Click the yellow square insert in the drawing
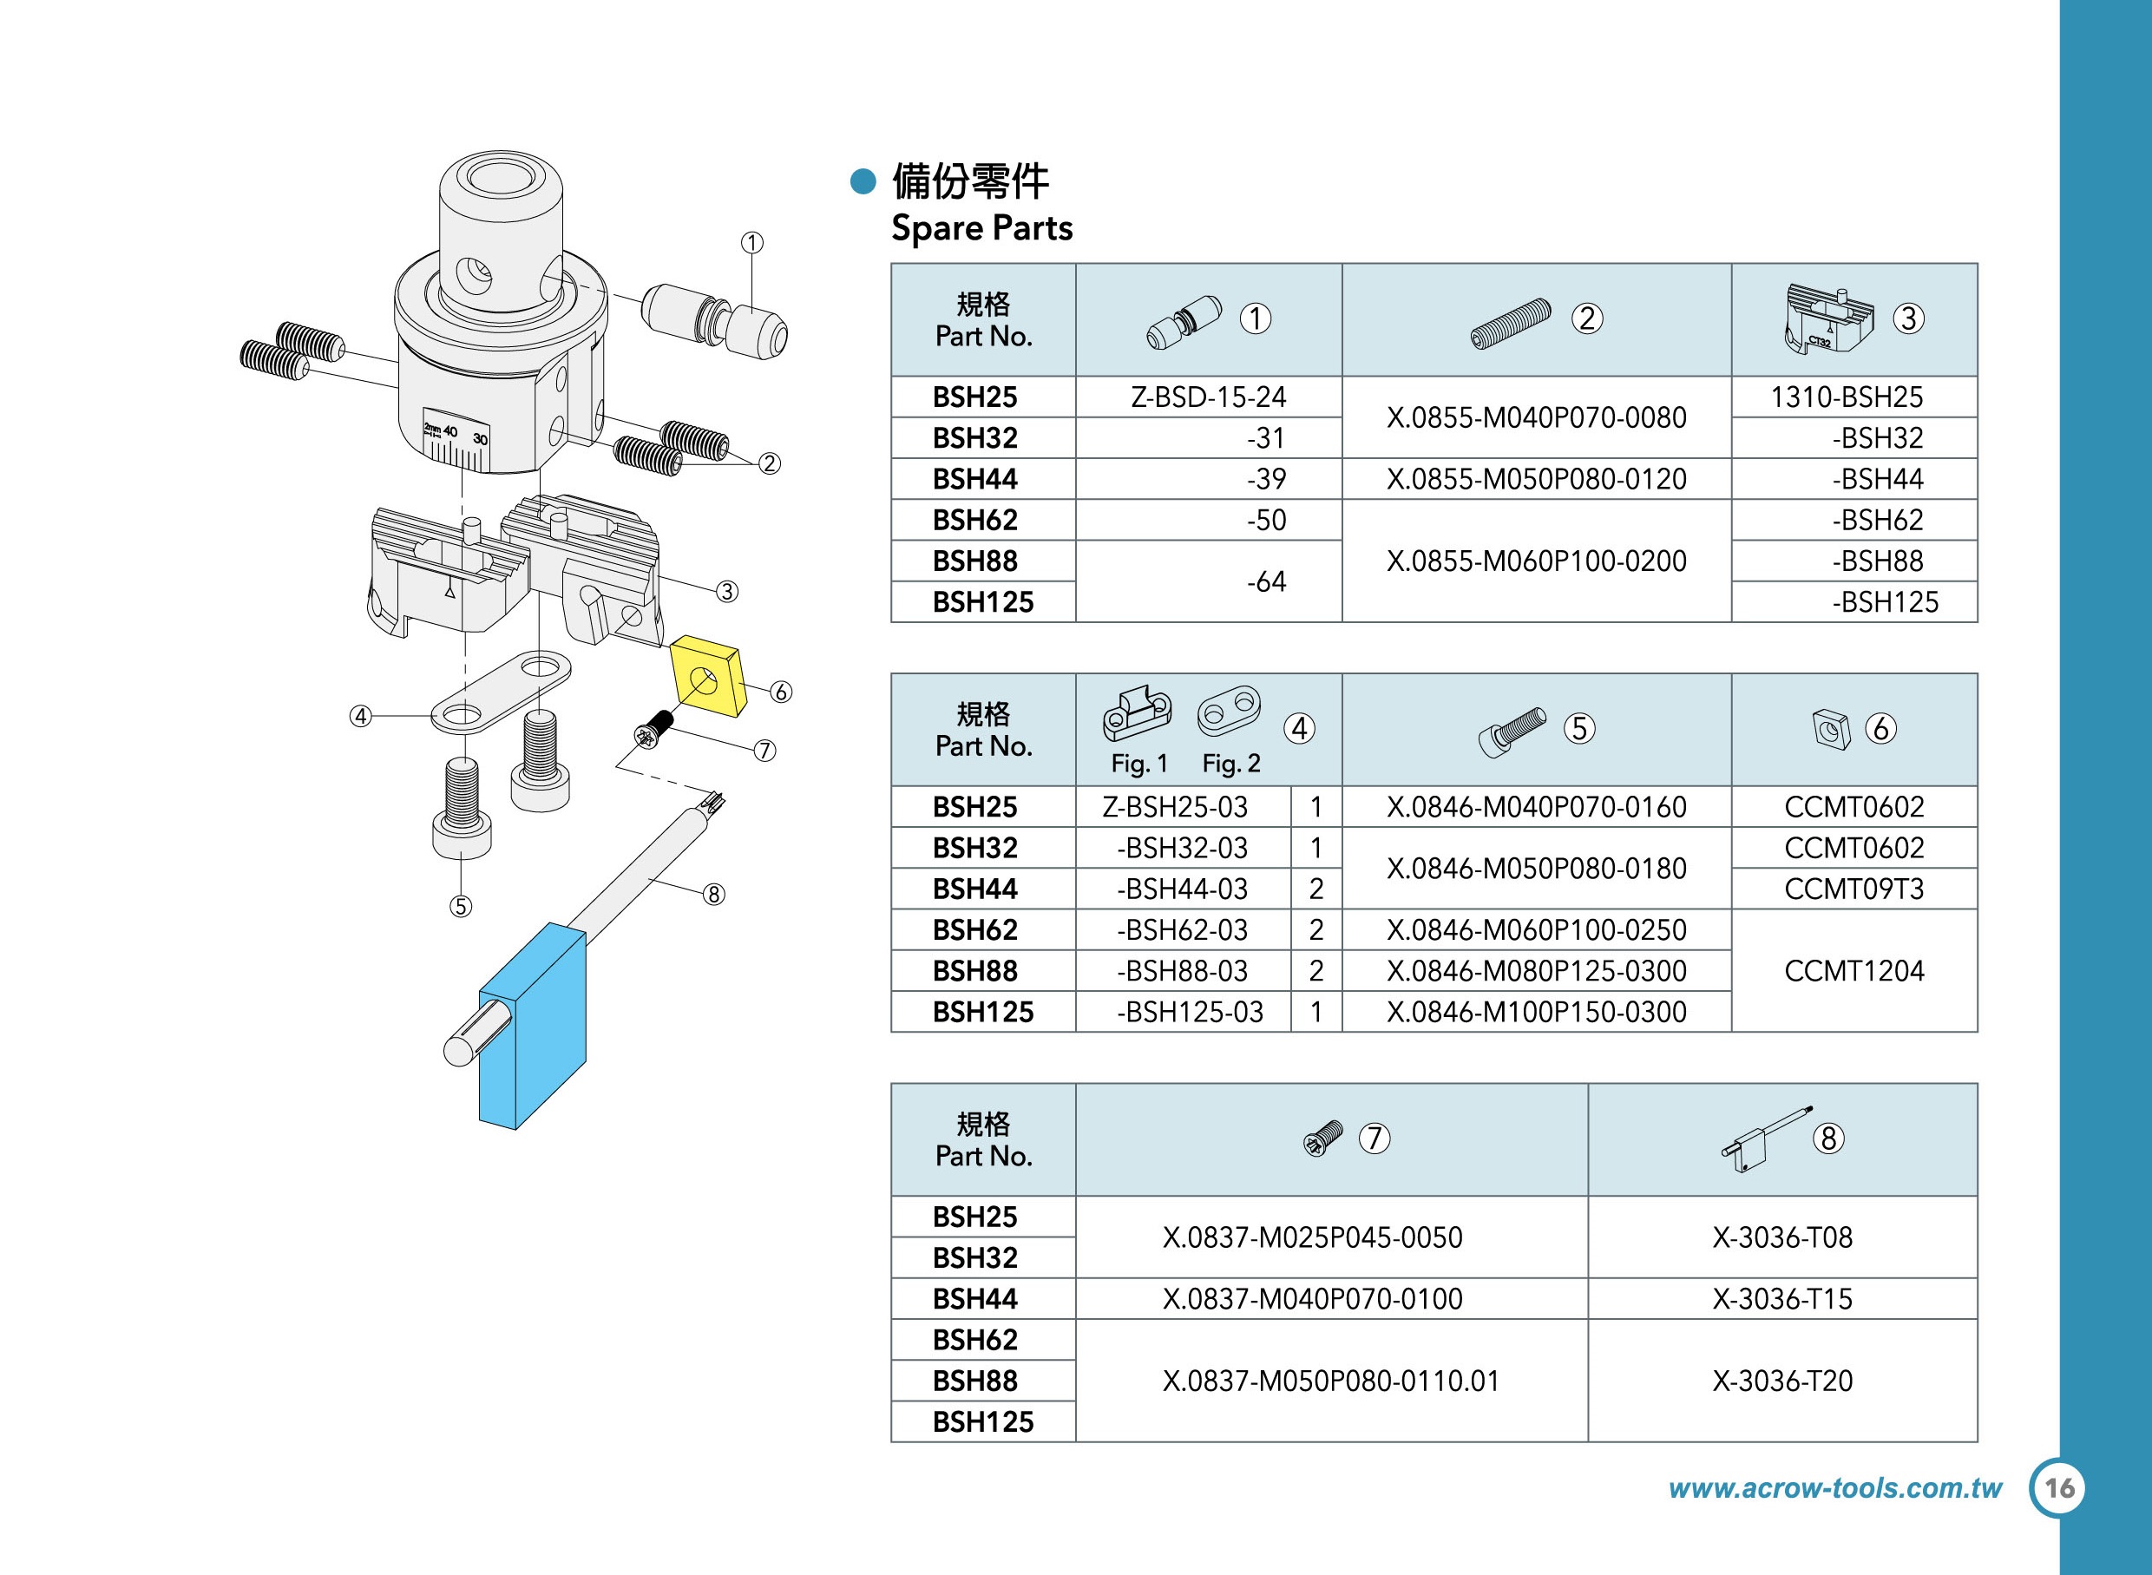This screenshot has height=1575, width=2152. pyautogui.click(x=706, y=679)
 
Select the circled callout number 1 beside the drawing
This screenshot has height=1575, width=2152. pyautogui.click(x=752, y=243)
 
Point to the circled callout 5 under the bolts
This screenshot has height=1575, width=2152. pyautogui.click(x=461, y=906)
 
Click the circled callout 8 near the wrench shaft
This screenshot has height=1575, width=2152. pyautogui.click(x=713, y=895)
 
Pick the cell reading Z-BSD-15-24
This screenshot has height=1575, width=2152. pyautogui.click(x=1208, y=397)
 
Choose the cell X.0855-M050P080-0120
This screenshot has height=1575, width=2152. pyautogui.click(x=1536, y=479)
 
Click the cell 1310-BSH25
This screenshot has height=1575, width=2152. pyautogui.click(x=1846, y=397)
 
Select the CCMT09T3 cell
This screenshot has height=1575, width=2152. pyautogui.click(x=1853, y=889)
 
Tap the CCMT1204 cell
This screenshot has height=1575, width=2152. pyautogui.click(x=1853, y=970)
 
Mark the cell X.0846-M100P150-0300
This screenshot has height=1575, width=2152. pyautogui.click(x=1536, y=1012)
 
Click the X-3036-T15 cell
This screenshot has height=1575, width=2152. pyautogui.click(x=1782, y=1298)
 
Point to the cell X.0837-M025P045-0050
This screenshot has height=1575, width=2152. pyautogui.click(x=1312, y=1237)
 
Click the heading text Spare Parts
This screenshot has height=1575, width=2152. pyautogui.click(x=981, y=229)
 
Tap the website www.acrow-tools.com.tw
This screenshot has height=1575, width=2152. pyautogui.click(x=1834, y=1488)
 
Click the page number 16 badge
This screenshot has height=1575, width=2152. pyautogui.click(x=2058, y=1488)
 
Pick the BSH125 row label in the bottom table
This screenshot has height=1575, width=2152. pyautogui.click(x=982, y=1421)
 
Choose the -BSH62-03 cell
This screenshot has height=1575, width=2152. pyautogui.click(x=1183, y=929)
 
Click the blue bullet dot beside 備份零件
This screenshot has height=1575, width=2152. pyautogui.click(x=863, y=181)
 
